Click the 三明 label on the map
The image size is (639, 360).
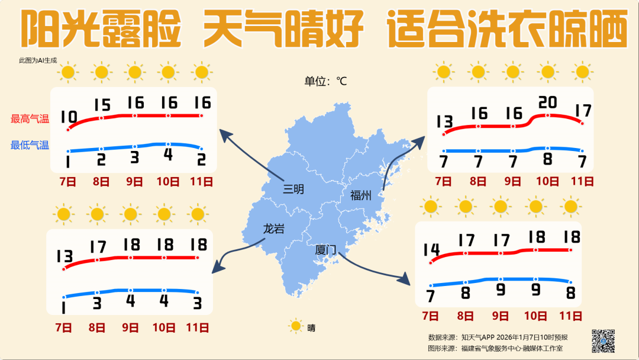[293, 189]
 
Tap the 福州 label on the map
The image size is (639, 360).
[360, 195]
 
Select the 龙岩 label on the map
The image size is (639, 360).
[273, 229]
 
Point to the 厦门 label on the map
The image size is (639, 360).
[326, 250]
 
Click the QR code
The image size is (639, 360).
[603, 340]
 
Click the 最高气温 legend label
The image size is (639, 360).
[30, 119]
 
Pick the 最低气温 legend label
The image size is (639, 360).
[30, 145]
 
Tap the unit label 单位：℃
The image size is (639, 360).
[325, 81]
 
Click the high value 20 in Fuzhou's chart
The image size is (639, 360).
[547, 103]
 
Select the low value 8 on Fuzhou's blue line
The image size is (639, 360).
[547, 159]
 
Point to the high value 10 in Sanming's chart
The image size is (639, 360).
[69, 117]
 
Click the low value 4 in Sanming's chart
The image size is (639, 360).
[168, 155]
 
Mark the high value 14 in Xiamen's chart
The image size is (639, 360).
[431, 250]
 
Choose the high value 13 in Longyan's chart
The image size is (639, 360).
[64, 256]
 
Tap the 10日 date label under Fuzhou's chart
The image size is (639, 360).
[548, 181]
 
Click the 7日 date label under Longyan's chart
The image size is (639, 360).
[63, 327]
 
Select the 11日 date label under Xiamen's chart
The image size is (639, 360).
[570, 316]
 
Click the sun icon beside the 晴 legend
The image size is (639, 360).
[295, 326]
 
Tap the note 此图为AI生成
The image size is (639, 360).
[38, 60]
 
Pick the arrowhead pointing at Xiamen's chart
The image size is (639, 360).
[404, 278]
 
